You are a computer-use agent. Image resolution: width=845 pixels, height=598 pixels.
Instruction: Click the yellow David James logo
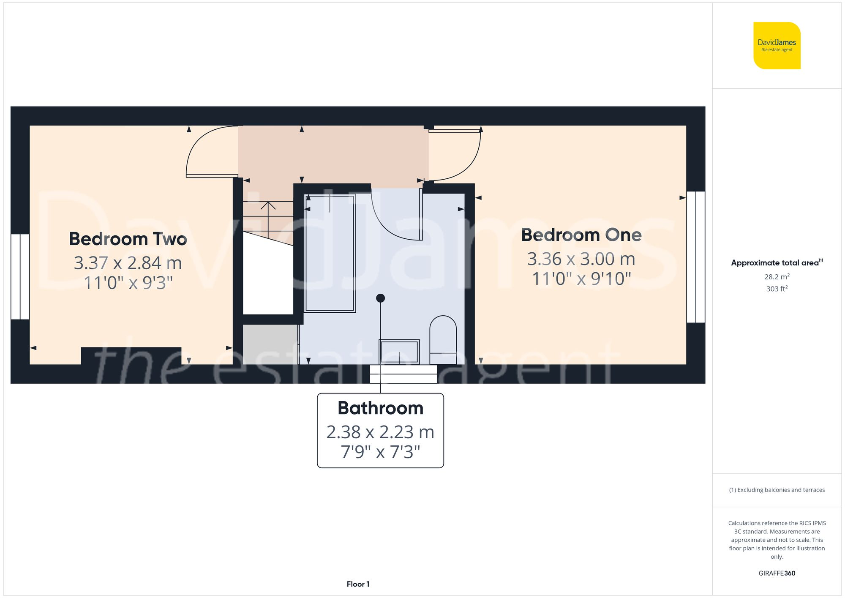click(777, 46)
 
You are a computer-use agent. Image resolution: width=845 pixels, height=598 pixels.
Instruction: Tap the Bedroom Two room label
click(128, 239)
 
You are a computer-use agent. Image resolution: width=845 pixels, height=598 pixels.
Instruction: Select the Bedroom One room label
click(581, 235)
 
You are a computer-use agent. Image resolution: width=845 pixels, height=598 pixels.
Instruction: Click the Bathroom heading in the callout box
click(380, 408)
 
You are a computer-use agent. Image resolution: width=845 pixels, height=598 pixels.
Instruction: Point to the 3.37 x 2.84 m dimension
click(128, 263)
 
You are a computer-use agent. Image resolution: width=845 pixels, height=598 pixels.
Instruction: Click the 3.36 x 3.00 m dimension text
click(581, 259)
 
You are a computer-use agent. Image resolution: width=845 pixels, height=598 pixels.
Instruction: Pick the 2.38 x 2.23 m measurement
click(380, 432)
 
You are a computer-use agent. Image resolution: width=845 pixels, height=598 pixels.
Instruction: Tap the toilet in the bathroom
click(443, 340)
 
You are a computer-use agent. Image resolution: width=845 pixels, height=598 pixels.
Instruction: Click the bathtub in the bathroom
click(330, 254)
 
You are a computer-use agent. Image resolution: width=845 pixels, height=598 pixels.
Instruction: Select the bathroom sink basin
click(399, 352)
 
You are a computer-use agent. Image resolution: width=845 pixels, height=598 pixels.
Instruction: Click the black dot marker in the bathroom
click(380, 298)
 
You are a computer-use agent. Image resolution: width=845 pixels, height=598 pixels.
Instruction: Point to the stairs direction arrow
click(268, 206)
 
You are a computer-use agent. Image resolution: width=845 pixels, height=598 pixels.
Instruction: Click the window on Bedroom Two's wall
click(20, 276)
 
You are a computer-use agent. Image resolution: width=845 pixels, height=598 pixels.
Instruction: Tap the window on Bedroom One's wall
click(695, 257)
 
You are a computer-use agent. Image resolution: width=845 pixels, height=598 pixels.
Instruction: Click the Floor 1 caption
click(358, 584)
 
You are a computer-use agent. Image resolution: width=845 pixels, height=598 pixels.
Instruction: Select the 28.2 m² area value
click(777, 277)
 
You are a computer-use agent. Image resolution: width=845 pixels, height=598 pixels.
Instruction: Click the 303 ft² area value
click(777, 289)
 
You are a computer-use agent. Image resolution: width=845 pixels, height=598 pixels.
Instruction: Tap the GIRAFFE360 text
click(777, 573)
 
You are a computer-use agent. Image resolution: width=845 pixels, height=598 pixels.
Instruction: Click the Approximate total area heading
click(777, 262)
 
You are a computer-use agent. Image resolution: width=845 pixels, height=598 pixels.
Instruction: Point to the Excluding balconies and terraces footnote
click(777, 490)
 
